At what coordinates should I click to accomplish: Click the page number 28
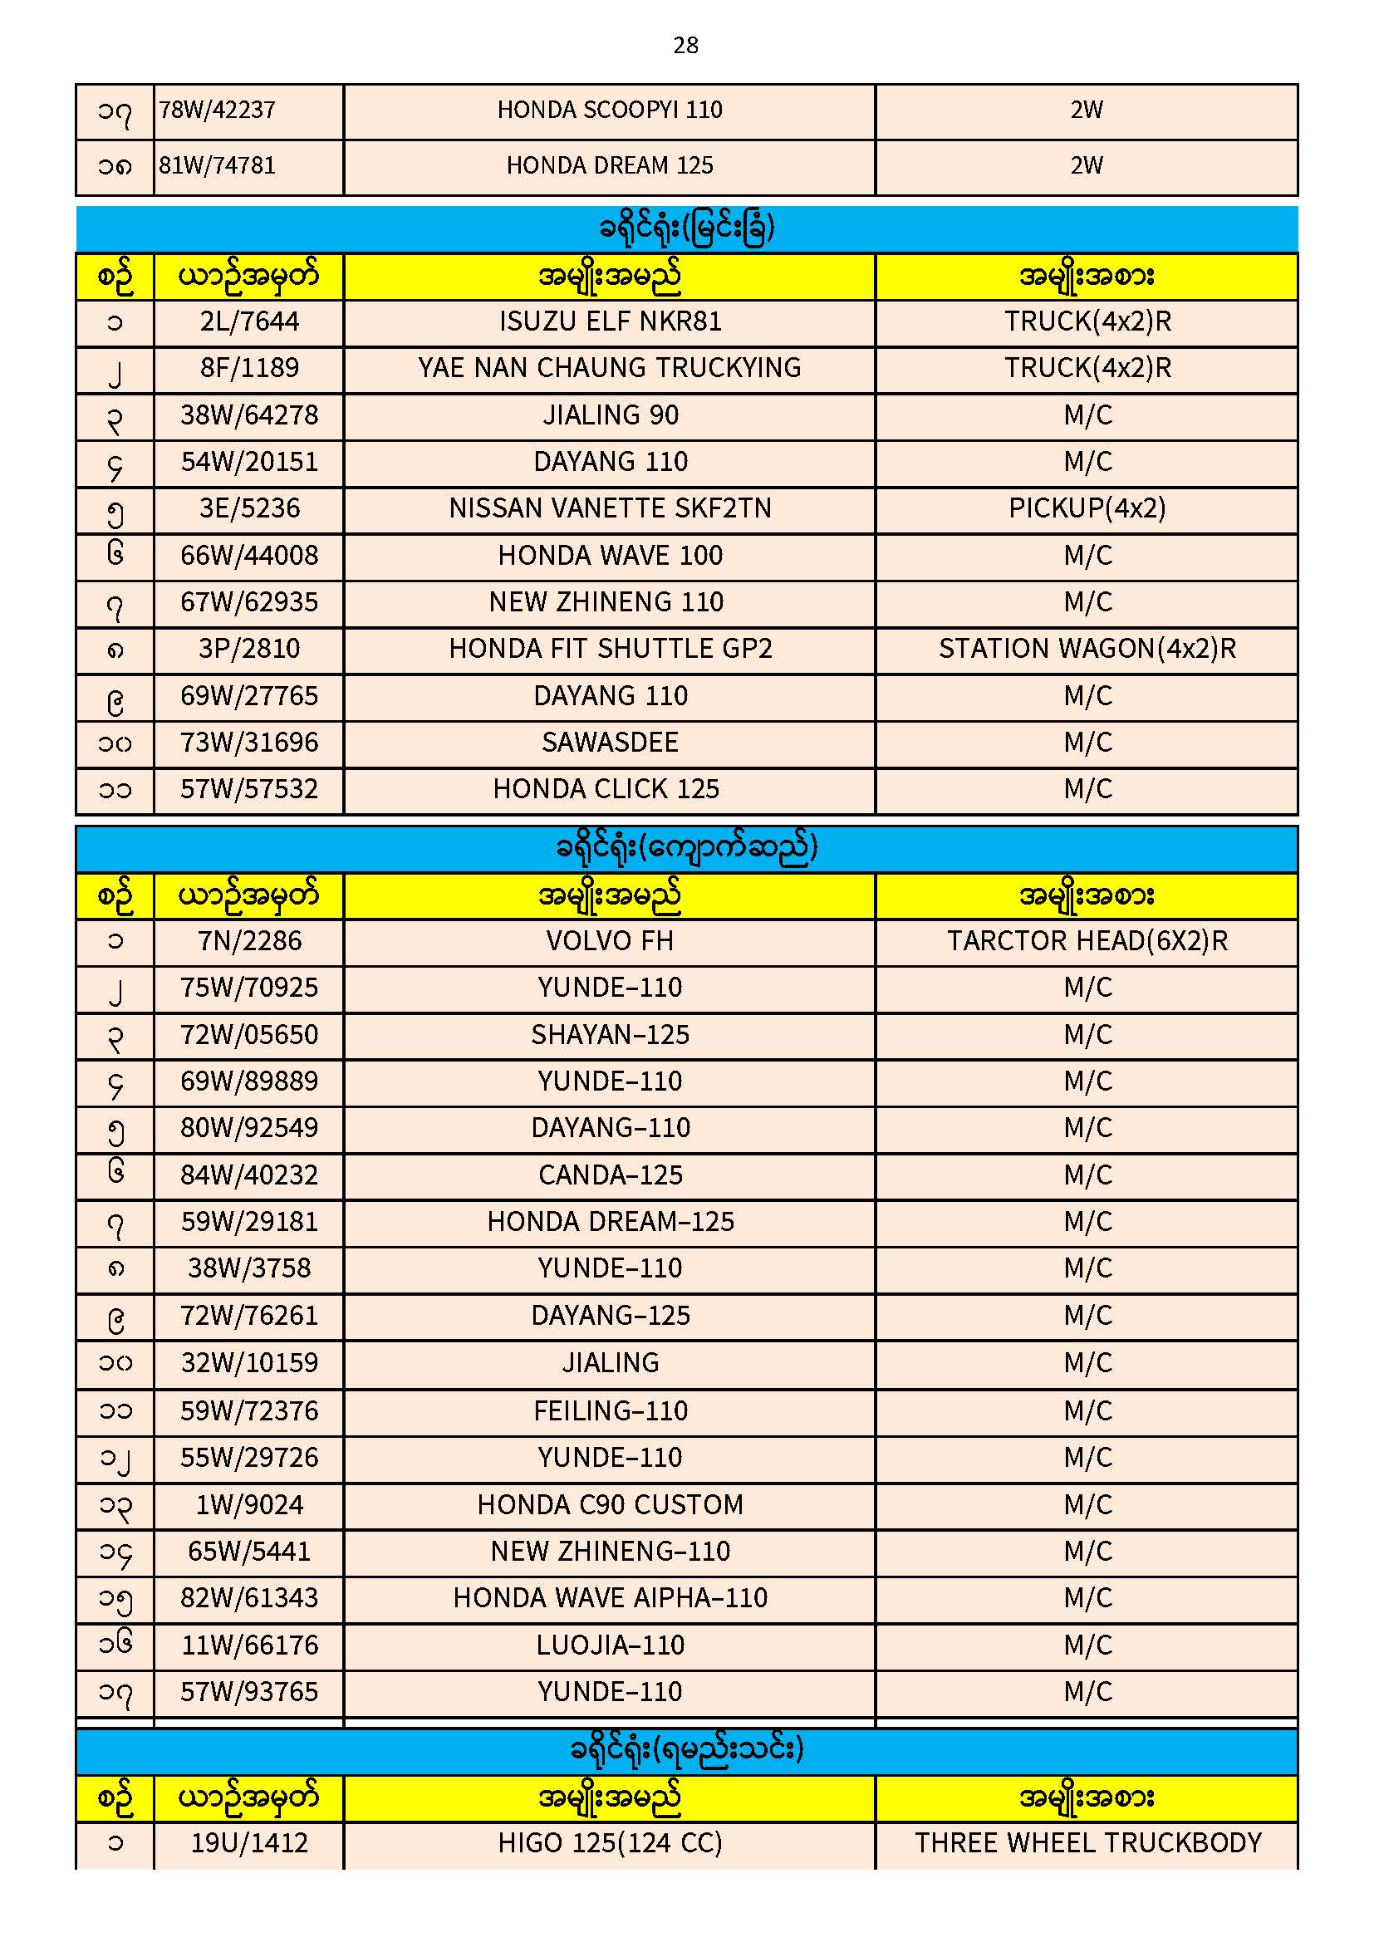point(685,45)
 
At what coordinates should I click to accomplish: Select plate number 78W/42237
point(218,110)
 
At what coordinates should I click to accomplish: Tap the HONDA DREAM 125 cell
point(609,166)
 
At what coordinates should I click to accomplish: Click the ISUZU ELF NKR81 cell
point(609,321)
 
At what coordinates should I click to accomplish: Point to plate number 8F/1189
point(248,368)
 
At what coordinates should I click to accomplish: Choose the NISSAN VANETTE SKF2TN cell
point(609,508)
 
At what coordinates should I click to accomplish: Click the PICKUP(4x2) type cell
point(1087,508)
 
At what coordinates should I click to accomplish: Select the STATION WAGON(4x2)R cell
point(1087,649)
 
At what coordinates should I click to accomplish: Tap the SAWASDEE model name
point(609,743)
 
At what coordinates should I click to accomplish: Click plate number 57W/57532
point(248,789)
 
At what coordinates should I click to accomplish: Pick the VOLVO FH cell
point(609,941)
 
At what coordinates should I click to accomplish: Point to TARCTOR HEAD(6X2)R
point(1087,941)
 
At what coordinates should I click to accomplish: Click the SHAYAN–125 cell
point(609,1035)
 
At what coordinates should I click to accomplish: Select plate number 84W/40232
point(248,1175)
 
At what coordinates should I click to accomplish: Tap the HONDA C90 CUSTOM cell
point(609,1505)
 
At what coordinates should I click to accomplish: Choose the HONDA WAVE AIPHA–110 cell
point(609,1598)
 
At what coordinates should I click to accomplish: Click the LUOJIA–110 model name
point(609,1645)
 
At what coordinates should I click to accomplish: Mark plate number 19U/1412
point(248,1843)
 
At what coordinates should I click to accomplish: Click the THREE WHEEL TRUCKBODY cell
point(1087,1843)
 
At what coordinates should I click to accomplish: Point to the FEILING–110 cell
point(609,1411)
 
